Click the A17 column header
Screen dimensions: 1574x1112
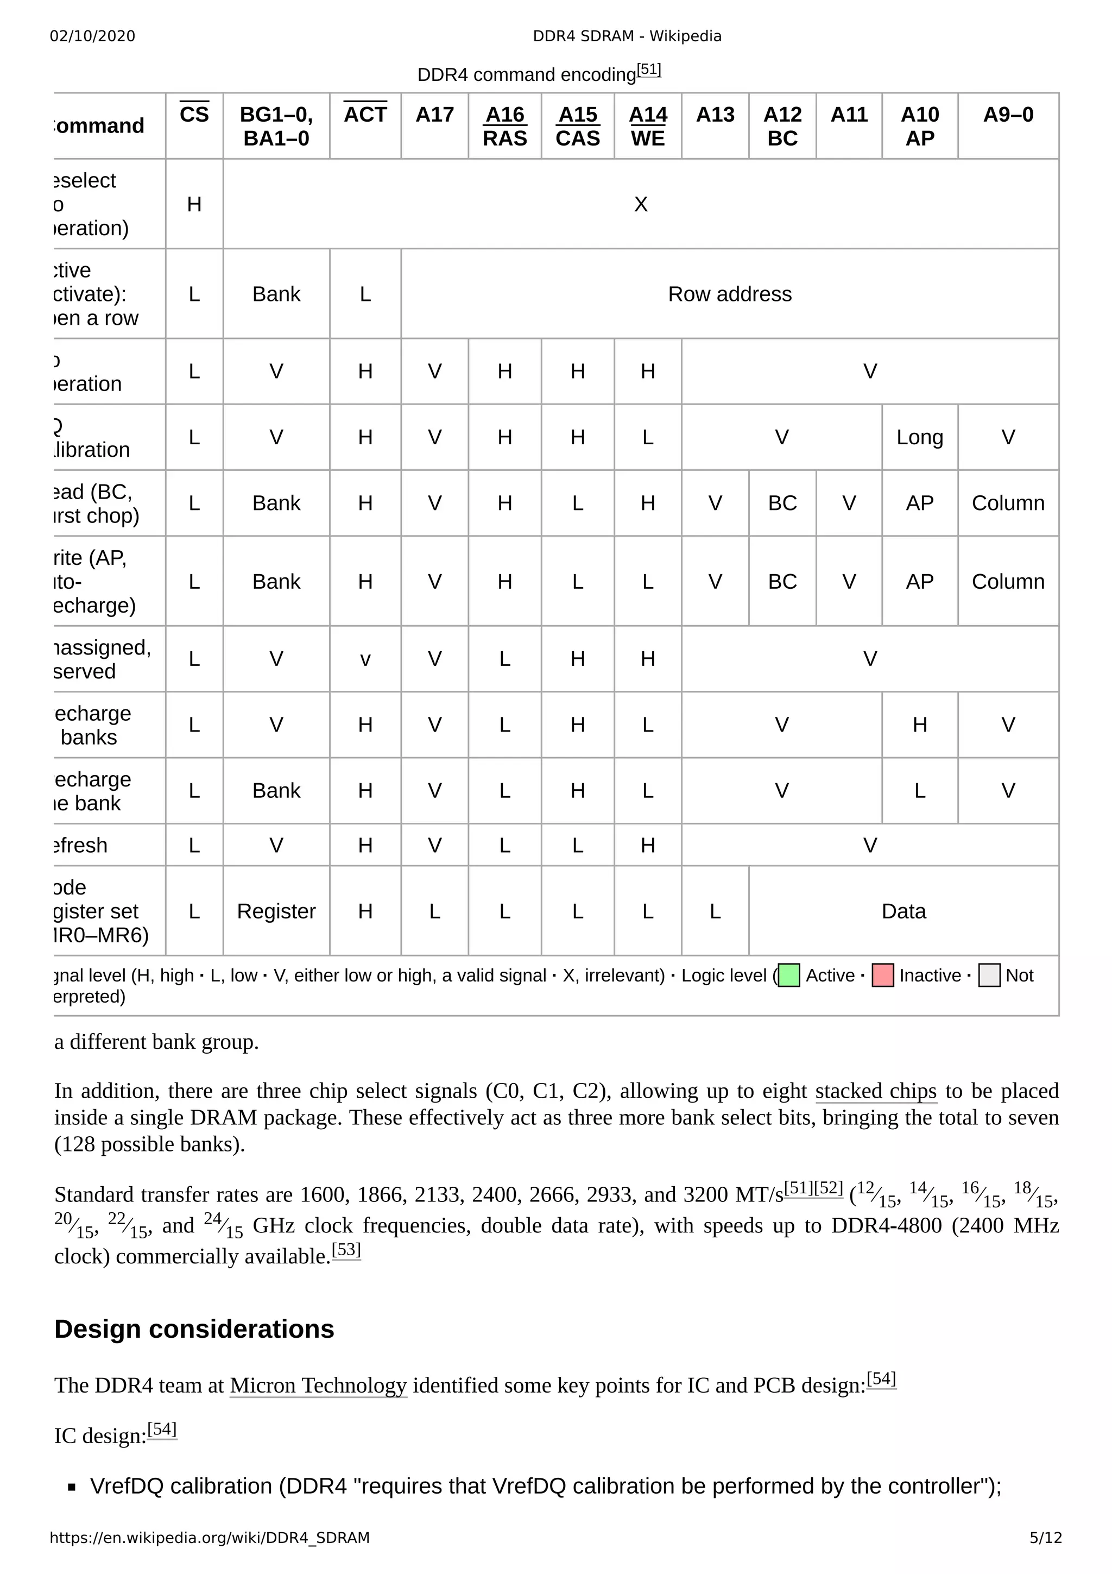click(434, 115)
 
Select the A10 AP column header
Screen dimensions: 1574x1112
click(919, 126)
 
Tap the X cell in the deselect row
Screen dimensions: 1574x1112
click(641, 204)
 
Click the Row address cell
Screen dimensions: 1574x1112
click(730, 294)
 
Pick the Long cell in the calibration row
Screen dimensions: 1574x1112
click(919, 437)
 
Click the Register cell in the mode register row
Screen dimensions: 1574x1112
click(276, 911)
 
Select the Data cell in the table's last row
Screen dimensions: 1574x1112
click(903, 911)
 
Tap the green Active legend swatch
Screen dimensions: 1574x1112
click(789, 975)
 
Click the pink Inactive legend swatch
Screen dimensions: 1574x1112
click(882, 975)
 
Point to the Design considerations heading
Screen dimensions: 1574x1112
click(194, 1329)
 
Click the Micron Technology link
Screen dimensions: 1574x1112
click(318, 1386)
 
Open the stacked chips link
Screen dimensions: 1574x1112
click(876, 1091)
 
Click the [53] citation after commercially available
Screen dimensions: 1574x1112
click(346, 1250)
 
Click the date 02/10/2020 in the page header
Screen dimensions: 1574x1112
click(92, 36)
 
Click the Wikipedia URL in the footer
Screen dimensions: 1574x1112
click(210, 1538)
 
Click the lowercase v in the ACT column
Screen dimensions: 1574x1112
click(365, 659)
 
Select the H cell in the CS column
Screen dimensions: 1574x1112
click(194, 204)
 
